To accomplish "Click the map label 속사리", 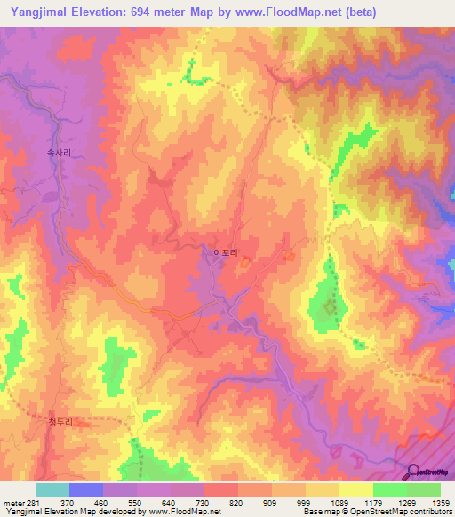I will [59, 153].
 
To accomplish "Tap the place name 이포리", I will [225, 253].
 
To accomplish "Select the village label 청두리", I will [58, 423].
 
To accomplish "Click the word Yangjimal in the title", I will [36, 12].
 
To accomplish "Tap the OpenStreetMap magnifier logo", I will [416, 473].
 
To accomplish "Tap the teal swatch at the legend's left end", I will [52, 489].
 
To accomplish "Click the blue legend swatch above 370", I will [86, 489].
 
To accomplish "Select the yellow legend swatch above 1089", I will [323, 489].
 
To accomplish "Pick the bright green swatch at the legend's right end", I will [424, 489].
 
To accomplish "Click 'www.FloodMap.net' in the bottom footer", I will [185, 513].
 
